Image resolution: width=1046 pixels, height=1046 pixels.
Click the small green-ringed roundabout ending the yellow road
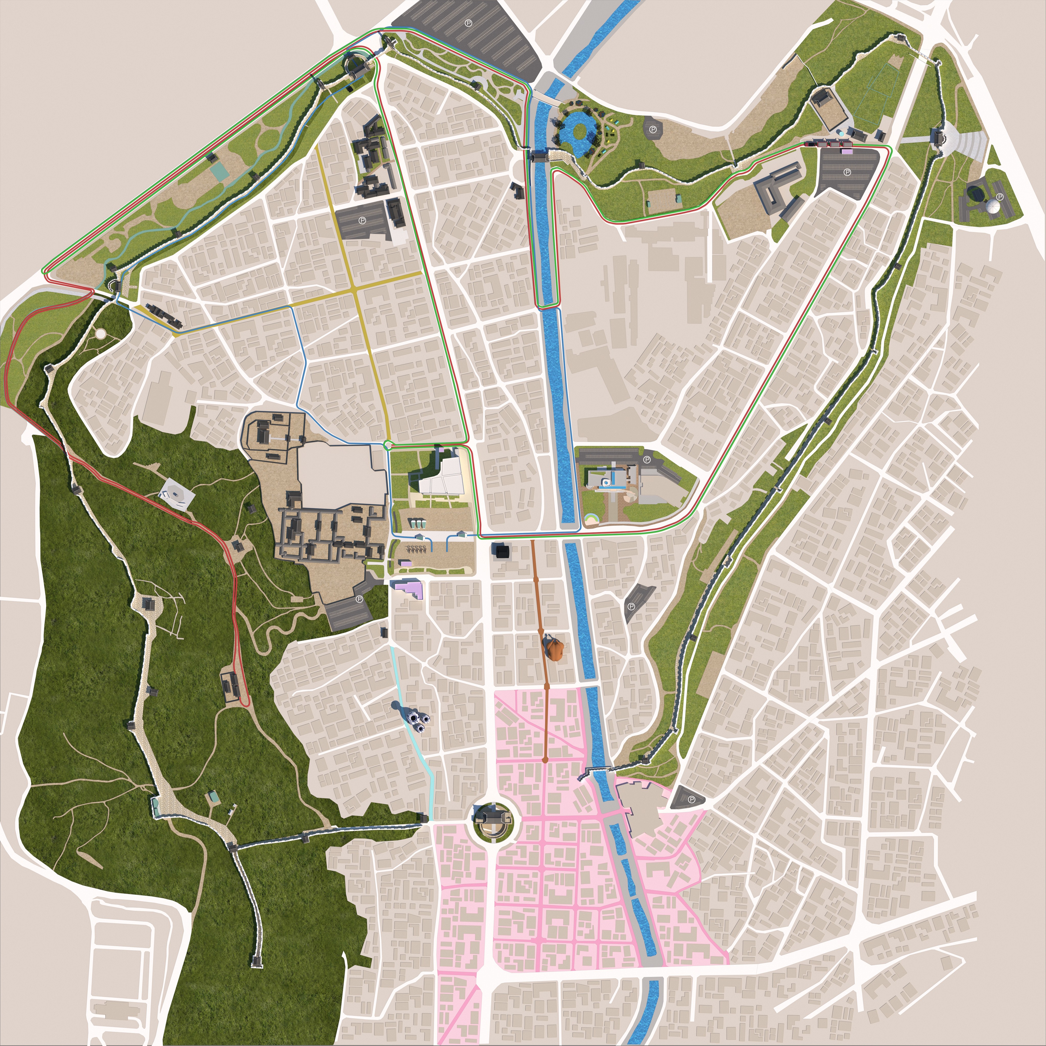click(x=388, y=445)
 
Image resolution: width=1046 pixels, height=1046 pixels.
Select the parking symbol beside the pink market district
click(x=691, y=799)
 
